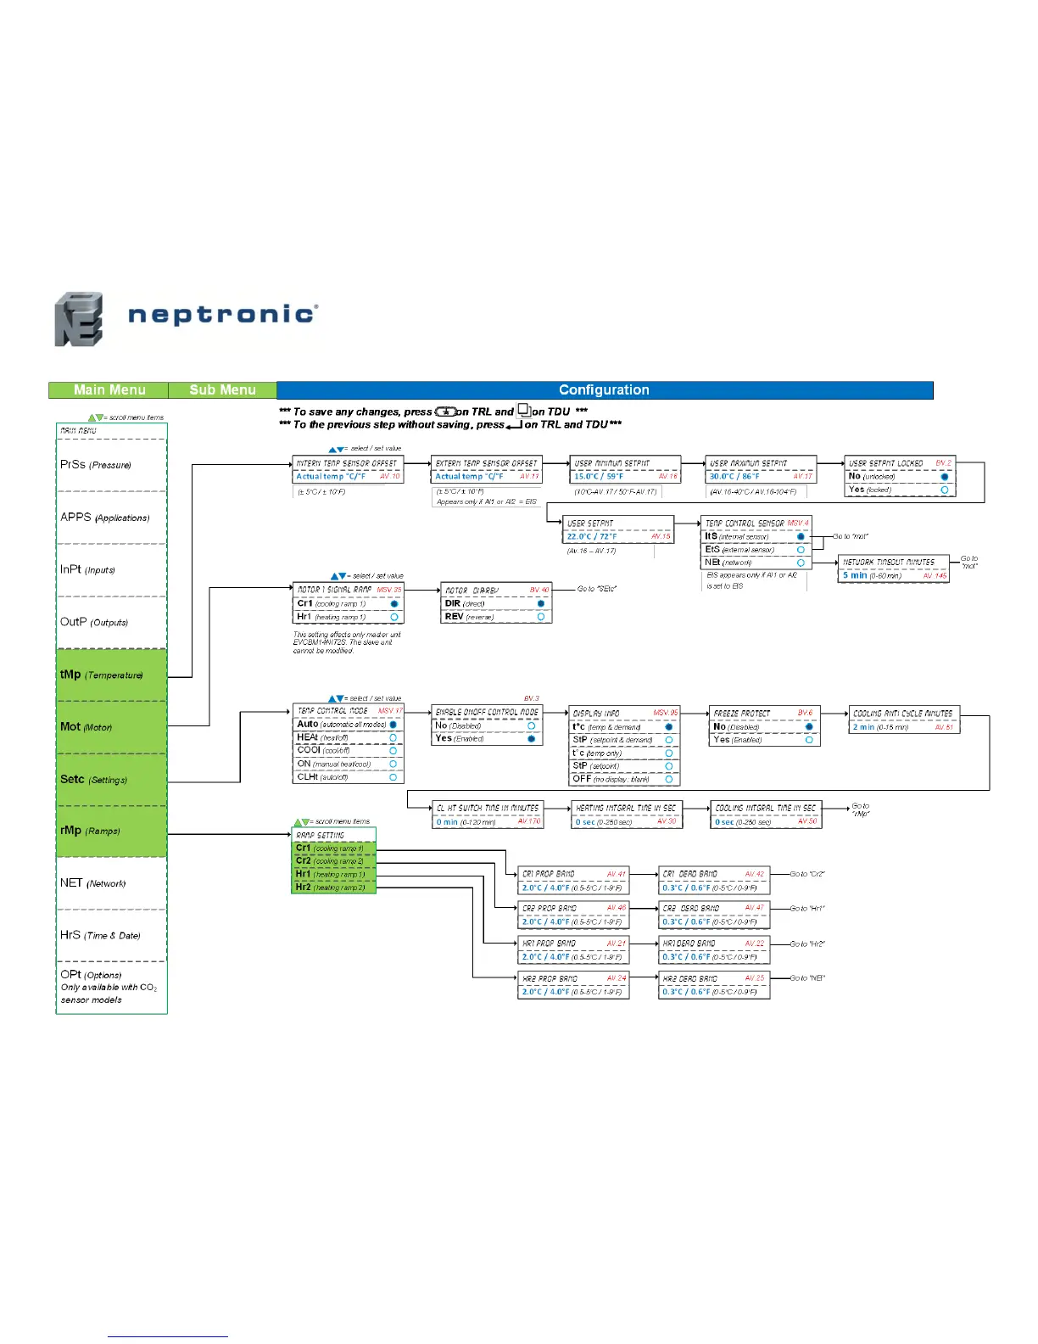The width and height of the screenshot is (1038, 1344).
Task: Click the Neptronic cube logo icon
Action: pos(79,319)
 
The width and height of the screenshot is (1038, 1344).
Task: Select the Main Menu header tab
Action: pos(109,390)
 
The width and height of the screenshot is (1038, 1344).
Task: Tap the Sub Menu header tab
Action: pos(222,390)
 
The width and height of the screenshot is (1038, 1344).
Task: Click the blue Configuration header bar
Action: pos(604,390)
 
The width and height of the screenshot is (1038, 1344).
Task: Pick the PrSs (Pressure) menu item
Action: pos(96,465)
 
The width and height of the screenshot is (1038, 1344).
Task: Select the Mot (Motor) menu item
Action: pos(86,727)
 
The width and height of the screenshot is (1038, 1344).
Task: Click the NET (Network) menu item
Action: pos(92,883)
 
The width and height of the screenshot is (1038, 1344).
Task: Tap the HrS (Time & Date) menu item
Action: pos(100,935)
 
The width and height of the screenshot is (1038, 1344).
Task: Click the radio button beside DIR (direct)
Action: pos(541,603)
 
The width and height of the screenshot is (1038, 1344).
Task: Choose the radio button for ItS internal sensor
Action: pos(801,536)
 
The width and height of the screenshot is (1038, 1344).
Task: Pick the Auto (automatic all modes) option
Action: pos(341,725)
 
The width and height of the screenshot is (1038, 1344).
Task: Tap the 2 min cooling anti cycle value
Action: pos(864,727)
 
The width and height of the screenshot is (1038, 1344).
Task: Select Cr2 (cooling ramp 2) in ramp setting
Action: pos(330,861)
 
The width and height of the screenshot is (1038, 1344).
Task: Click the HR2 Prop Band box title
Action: pos(548,978)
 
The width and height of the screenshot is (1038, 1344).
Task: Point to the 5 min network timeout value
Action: pos(855,575)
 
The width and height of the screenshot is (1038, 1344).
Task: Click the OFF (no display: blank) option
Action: pos(611,779)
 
